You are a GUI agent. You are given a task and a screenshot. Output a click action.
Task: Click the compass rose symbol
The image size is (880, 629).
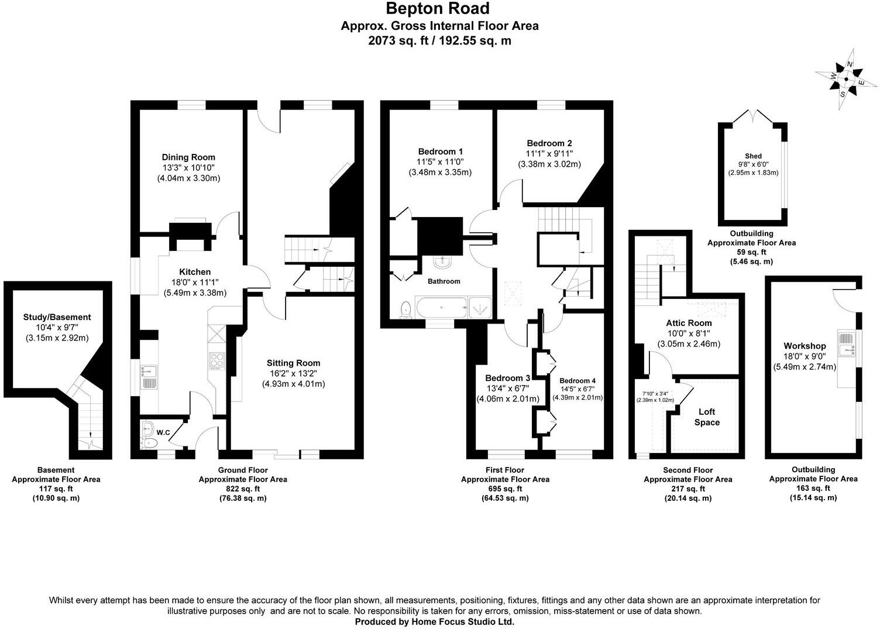(x=846, y=79)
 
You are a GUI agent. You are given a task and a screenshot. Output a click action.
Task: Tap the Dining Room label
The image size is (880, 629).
(x=188, y=157)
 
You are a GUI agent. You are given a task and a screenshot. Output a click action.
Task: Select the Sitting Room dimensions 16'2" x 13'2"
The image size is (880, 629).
(x=293, y=373)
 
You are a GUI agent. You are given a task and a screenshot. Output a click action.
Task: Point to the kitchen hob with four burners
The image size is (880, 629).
(x=216, y=360)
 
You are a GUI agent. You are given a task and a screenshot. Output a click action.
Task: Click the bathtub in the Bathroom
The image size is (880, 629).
(x=441, y=306)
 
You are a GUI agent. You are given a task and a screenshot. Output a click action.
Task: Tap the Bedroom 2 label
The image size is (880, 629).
(x=549, y=143)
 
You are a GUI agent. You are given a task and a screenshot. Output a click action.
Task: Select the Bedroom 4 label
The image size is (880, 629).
(x=577, y=380)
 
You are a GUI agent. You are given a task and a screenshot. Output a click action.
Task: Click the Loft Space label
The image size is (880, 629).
(x=707, y=417)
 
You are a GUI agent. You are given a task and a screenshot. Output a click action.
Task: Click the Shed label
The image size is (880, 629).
(x=753, y=156)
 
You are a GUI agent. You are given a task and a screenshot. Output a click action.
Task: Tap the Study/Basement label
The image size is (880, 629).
(x=57, y=317)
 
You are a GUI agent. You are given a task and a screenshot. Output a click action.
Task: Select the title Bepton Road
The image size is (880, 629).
(x=437, y=9)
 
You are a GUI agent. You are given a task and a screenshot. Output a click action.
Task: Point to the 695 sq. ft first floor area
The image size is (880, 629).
(x=505, y=489)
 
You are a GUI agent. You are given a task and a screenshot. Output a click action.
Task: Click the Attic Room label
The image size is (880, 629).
(x=689, y=323)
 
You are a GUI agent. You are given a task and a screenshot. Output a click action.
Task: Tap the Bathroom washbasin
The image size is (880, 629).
(x=443, y=262)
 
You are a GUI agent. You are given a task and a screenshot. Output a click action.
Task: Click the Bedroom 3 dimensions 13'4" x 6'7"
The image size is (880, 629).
(x=507, y=389)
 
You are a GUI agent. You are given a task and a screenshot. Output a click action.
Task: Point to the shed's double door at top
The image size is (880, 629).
(x=752, y=115)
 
